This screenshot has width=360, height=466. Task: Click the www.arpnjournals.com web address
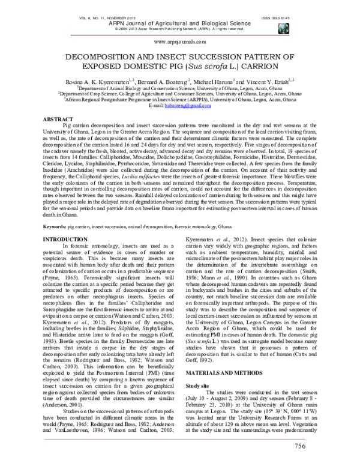pos(180,43)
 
